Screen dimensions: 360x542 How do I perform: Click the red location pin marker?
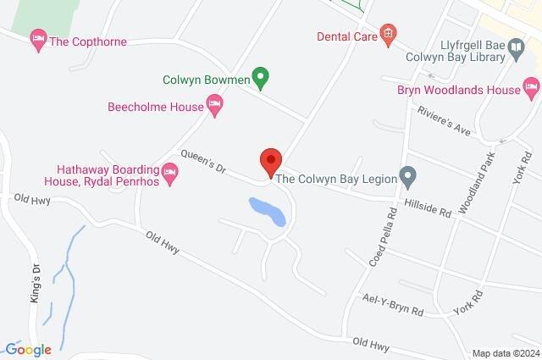(x=270, y=161)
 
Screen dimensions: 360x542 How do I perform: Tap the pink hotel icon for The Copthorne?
(x=37, y=39)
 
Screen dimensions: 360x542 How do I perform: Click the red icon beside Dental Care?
(x=388, y=35)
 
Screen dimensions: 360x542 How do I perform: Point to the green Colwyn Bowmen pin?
(x=262, y=80)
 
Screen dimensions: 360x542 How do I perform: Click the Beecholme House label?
(x=156, y=107)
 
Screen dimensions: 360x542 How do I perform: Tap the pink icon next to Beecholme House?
(x=215, y=107)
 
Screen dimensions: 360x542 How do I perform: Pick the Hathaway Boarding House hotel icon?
(x=169, y=174)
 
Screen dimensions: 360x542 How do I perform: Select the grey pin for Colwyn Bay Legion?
(x=408, y=178)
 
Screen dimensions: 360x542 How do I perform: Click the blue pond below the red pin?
(x=268, y=211)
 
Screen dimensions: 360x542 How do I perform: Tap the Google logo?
(x=27, y=349)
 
